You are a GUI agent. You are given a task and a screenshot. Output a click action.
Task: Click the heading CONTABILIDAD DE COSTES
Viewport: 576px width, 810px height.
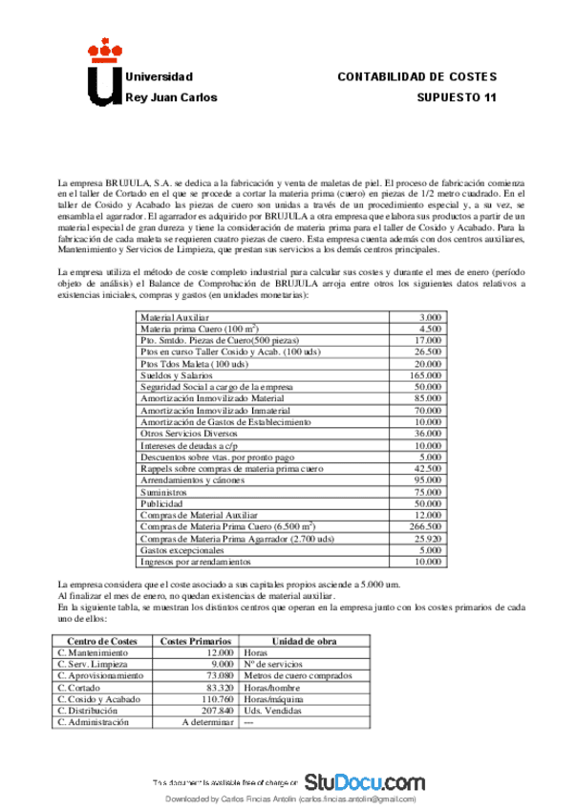click(x=417, y=76)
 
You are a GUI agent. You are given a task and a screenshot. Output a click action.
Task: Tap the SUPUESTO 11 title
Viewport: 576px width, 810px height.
click(x=458, y=97)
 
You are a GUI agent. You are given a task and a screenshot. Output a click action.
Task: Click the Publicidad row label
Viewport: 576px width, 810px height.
click(x=161, y=502)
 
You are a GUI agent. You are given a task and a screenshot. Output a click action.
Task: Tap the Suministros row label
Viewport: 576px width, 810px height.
click(x=164, y=491)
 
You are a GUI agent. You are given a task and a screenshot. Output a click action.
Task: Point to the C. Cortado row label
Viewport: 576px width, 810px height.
click(x=80, y=687)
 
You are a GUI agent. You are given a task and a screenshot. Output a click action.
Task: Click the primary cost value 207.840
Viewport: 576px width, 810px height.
click(x=214, y=711)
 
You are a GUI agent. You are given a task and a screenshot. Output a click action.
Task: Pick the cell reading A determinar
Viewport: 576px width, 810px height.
click(x=207, y=723)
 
